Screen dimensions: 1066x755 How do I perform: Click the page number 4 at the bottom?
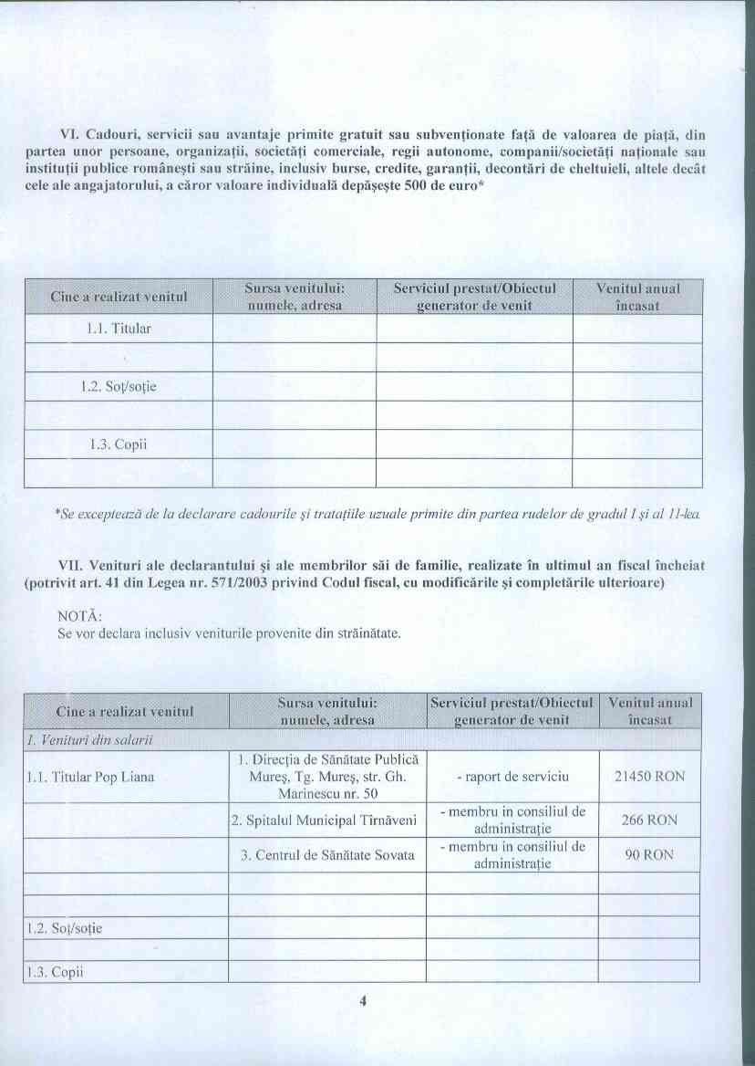(x=362, y=1001)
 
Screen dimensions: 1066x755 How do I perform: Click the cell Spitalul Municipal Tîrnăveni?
(x=325, y=820)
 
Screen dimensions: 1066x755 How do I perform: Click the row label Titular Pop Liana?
(x=90, y=778)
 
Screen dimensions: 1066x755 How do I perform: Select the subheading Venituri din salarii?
(x=88, y=738)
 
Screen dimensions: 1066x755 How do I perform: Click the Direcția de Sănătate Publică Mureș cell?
(x=326, y=777)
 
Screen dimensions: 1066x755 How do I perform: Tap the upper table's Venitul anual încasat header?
(x=637, y=297)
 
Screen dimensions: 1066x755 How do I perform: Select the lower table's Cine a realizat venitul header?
(x=126, y=711)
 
